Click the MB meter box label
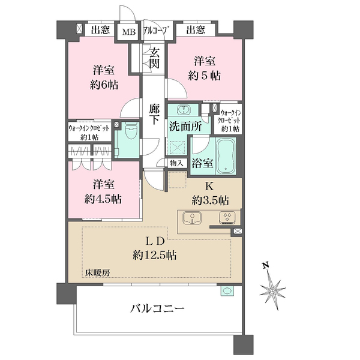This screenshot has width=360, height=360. [129, 32]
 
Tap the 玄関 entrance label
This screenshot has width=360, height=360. [155, 59]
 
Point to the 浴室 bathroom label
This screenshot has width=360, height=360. [202, 163]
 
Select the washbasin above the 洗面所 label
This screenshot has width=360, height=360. [184, 110]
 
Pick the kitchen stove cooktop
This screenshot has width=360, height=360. [226, 218]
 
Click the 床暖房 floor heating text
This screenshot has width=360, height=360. [97, 273]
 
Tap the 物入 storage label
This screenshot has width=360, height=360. [176, 163]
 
